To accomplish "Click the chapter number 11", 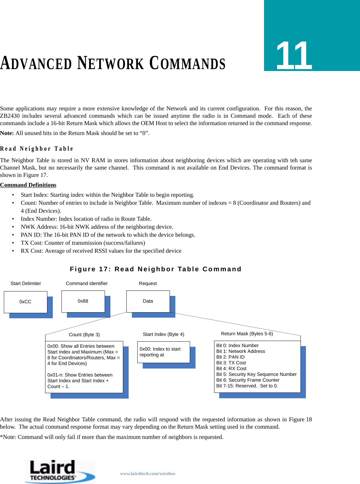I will (x=294, y=56).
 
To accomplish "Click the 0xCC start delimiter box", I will (x=26, y=302).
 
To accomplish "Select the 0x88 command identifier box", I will (x=83, y=301).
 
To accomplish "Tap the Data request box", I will (x=148, y=301).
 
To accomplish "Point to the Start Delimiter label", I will (x=26, y=283).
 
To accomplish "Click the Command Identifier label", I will (x=87, y=283).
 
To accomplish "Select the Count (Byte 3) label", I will (x=84, y=335).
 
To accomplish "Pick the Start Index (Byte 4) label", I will (x=164, y=334).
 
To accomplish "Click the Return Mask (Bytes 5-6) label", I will (x=247, y=334).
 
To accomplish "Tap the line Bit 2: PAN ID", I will (x=230, y=357).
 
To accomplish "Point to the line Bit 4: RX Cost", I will (x=231, y=369).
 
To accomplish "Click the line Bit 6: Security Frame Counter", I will (x=248, y=380).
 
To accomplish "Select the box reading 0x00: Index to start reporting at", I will (x=164, y=352).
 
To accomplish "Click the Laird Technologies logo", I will (x=60, y=472).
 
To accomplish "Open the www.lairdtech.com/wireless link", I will (x=148, y=473).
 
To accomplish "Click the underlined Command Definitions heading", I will (x=28, y=185).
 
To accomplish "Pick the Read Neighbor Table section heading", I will (x=36, y=149).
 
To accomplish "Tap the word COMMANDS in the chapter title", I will (x=188, y=63).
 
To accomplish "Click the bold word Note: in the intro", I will (x=7, y=133).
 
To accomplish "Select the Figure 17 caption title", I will (x=156, y=269).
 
